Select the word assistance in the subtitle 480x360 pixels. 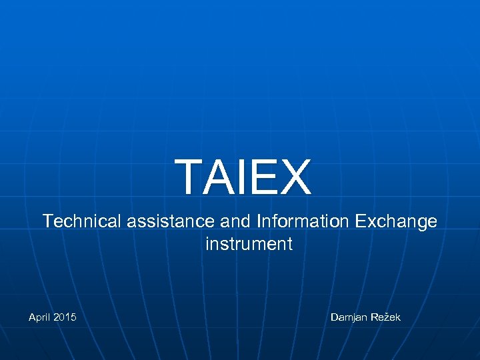click(167, 221)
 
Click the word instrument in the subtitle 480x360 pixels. click(249, 244)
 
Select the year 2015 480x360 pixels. click(64, 317)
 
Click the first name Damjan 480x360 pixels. click(349, 317)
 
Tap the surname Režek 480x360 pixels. click(386, 317)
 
